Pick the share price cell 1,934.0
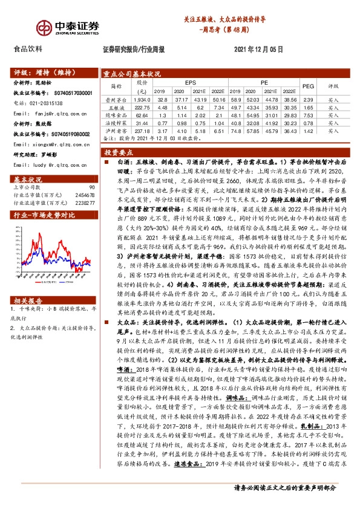point(142,99)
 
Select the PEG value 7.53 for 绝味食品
point(307,114)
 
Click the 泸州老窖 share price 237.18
point(142,130)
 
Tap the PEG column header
point(307,86)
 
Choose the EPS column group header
point(190,82)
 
